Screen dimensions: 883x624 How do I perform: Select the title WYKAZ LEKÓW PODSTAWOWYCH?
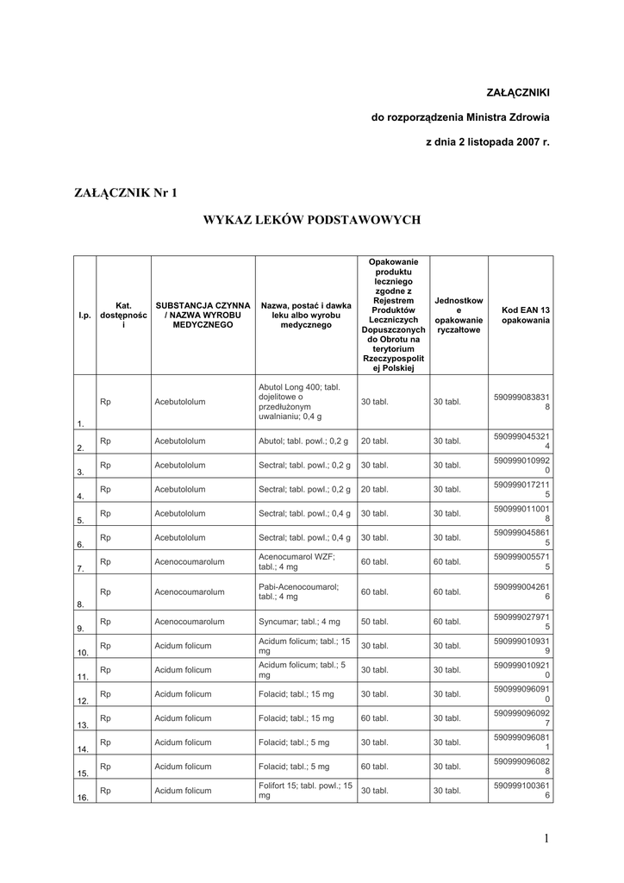pyautogui.click(x=311, y=221)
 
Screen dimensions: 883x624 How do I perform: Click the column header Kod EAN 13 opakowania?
pyautogui.click(x=521, y=316)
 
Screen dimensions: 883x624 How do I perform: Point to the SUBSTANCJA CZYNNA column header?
pyautogui.click(x=203, y=316)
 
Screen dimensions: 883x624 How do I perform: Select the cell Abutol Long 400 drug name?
pyautogui.click(x=306, y=402)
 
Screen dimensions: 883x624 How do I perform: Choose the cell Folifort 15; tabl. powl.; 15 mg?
pyautogui.click(x=306, y=791)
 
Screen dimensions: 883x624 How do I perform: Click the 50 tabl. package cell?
pyautogui.click(x=374, y=621)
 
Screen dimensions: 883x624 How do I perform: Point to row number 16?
pyautogui.click(x=83, y=798)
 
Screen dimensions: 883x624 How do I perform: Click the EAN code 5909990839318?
pyautogui.click(x=521, y=402)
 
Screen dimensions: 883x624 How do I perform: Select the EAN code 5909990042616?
pyautogui.click(x=521, y=592)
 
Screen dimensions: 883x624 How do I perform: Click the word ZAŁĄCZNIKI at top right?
pyautogui.click(x=518, y=91)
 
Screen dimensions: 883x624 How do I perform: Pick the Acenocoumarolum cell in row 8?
pyautogui.click(x=190, y=592)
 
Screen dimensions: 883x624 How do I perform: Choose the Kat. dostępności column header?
pyautogui.click(x=123, y=316)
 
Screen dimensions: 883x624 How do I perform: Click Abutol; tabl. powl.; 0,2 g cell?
pyautogui.click(x=304, y=441)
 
